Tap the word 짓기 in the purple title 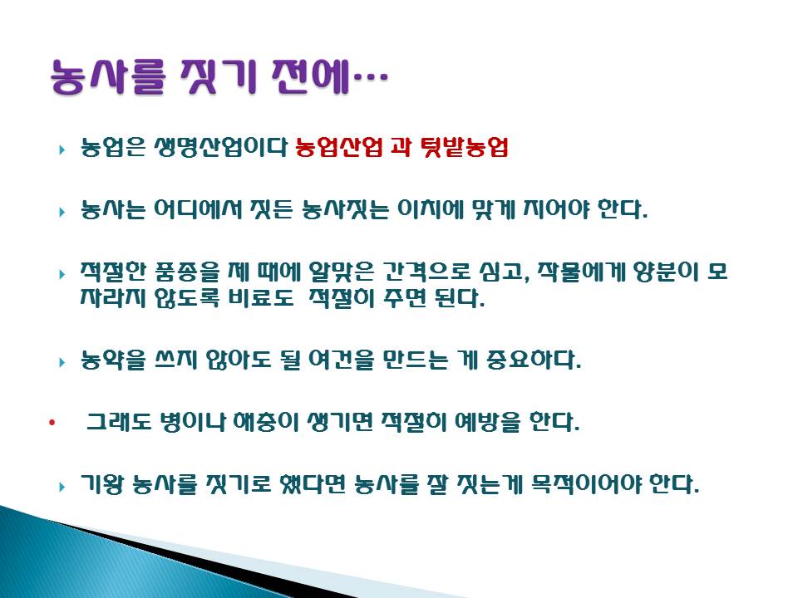tap(218, 77)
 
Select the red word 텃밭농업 tap(465, 148)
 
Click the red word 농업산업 tap(338, 148)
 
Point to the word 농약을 tap(114, 360)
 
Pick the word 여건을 tap(342, 360)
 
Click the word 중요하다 tap(534, 360)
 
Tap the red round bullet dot tap(52, 423)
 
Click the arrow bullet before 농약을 tap(62, 363)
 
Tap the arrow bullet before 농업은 tap(62, 149)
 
